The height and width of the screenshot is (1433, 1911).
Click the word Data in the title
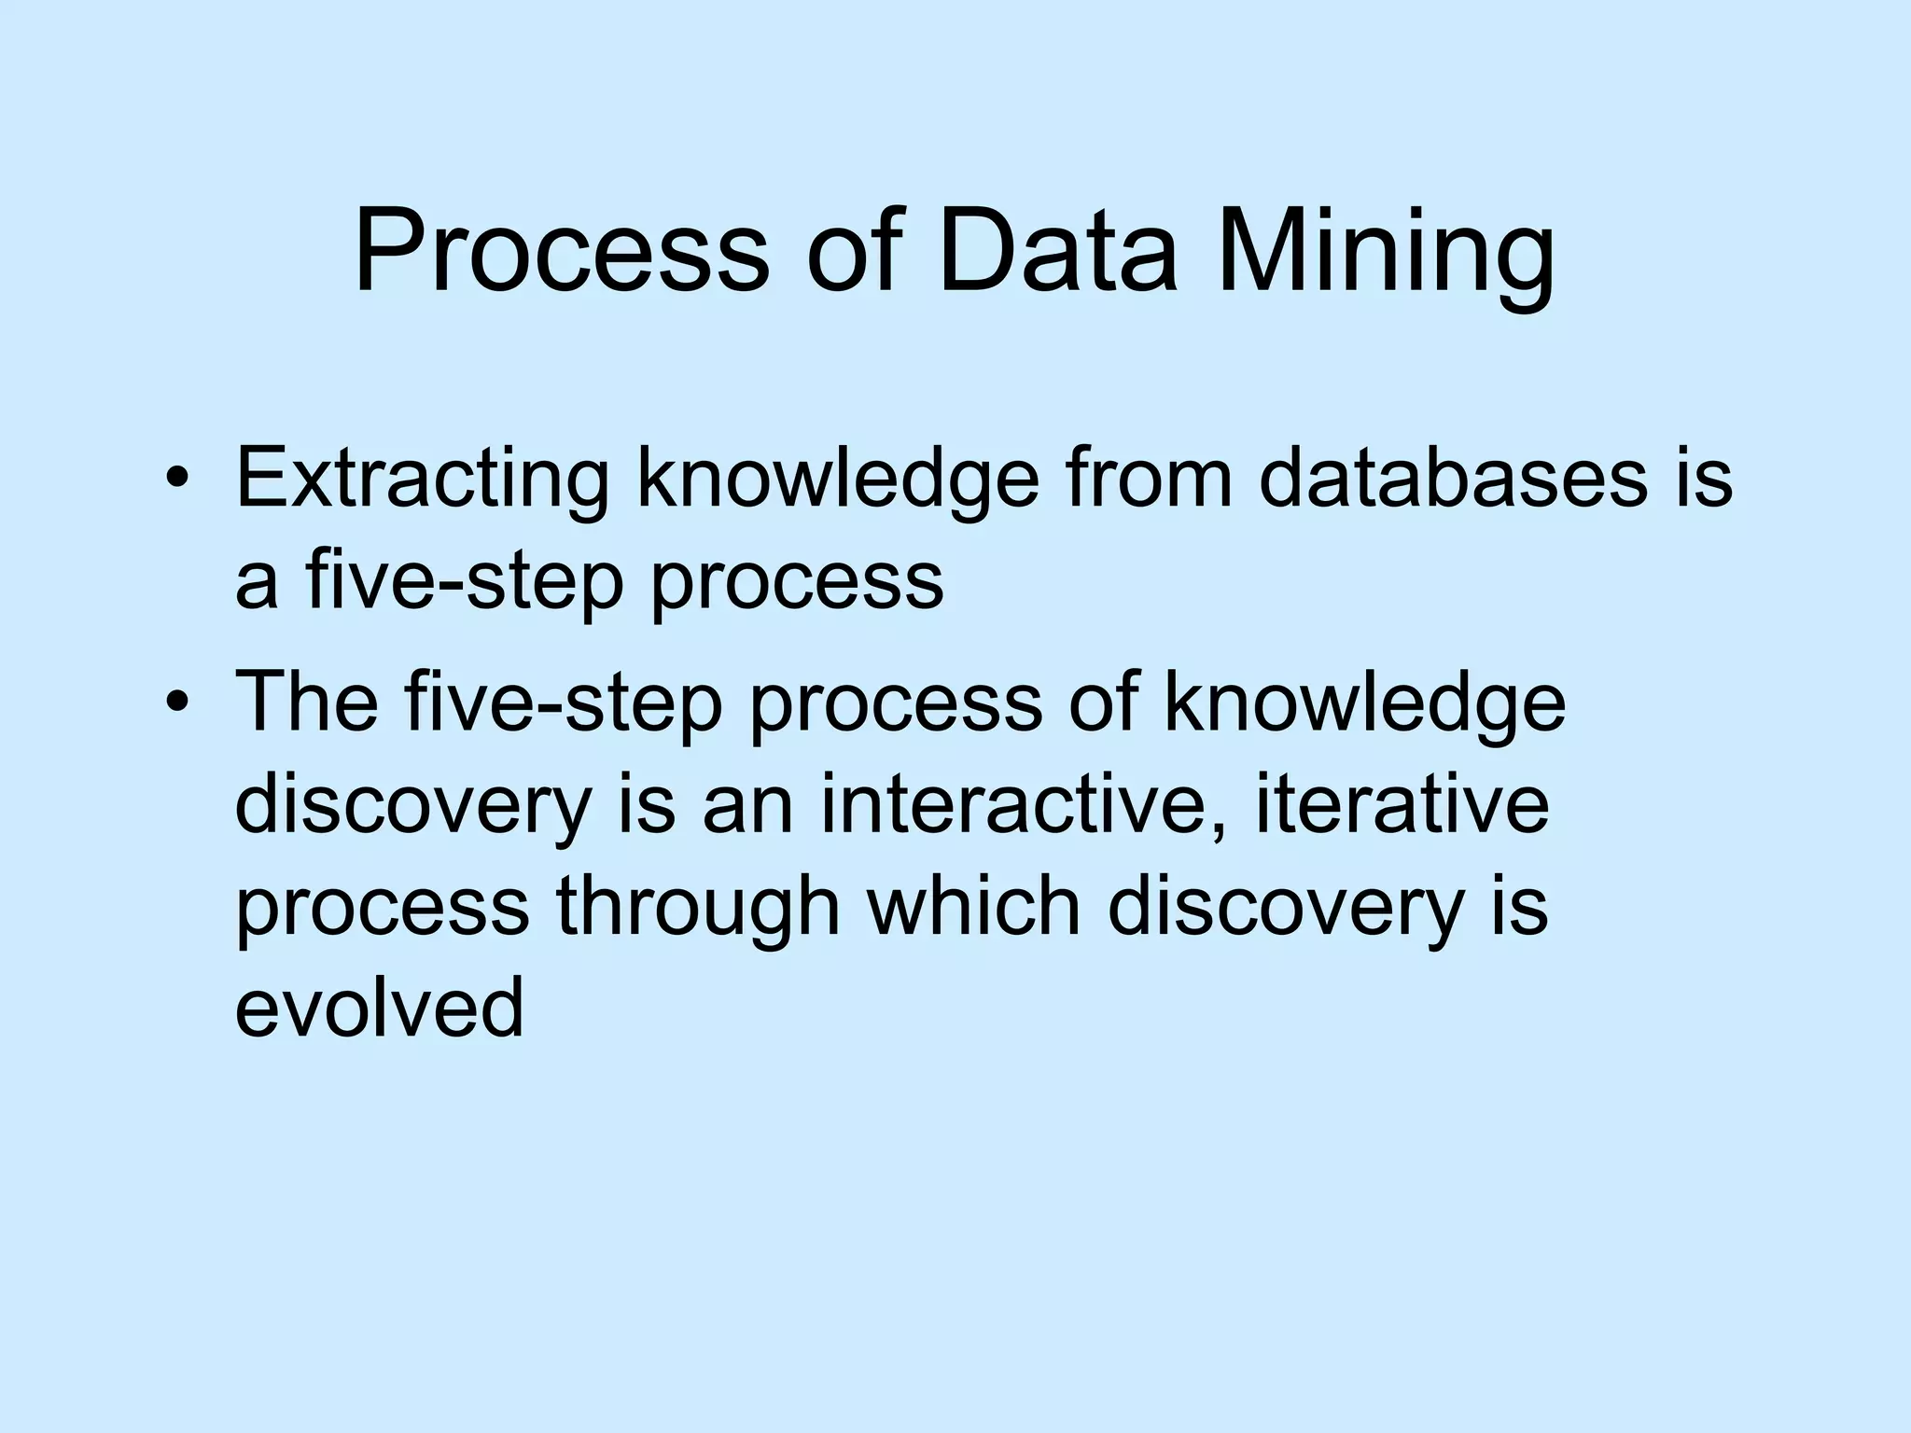[1059, 252]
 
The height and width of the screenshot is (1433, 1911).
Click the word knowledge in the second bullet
[1364, 703]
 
